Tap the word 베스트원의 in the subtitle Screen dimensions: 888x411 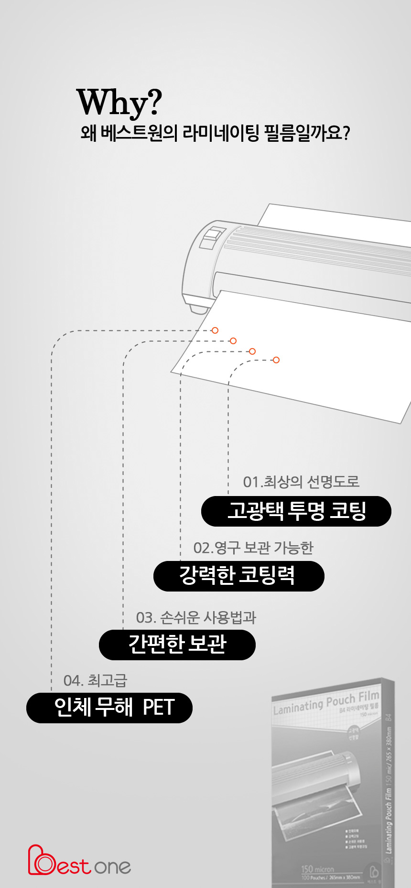point(140,133)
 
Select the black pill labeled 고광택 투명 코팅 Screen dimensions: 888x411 point(296,511)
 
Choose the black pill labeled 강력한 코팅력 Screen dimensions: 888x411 point(238,576)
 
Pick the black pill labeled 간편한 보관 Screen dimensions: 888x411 point(177,645)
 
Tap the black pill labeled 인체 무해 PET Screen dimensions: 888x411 point(109,708)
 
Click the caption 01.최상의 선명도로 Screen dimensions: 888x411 point(301,482)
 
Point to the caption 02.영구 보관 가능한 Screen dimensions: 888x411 point(253,548)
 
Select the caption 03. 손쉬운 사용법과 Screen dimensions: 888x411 point(196,617)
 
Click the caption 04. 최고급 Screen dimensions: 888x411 point(95,680)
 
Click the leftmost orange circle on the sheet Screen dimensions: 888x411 point(215,330)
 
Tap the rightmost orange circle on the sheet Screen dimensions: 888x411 point(276,360)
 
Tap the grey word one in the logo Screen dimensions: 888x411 point(112,867)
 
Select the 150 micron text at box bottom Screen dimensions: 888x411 point(317,869)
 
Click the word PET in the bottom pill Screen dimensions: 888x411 point(159,708)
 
